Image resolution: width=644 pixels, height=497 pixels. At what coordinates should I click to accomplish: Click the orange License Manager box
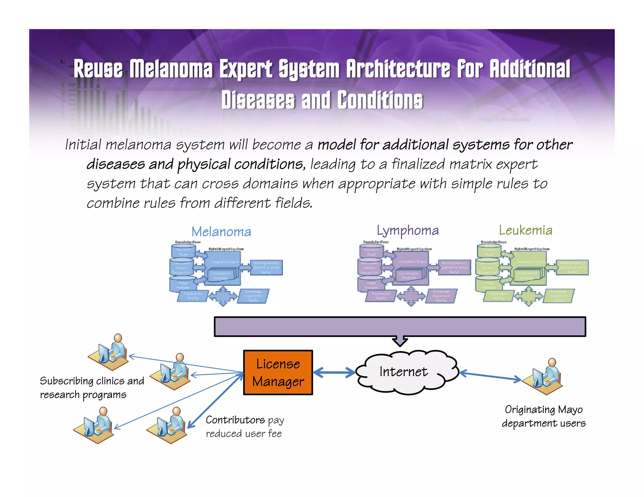[278, 372]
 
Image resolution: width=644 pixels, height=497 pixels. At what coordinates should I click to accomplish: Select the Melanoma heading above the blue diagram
[221, 232]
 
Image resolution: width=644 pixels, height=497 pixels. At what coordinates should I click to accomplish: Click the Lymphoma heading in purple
[408, 231]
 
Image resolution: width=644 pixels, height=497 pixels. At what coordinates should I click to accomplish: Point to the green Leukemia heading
[525, 230]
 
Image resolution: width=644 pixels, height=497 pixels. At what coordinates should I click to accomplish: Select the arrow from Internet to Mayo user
[491, 376]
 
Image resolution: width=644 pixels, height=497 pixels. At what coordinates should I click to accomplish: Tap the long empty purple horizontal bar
[400, 327]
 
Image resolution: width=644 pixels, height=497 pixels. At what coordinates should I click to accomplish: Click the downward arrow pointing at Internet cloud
[400, 341]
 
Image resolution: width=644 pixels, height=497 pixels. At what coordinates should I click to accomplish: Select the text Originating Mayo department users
[543, 416]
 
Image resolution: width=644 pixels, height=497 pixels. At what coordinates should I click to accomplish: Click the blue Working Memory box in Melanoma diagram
[266, 267]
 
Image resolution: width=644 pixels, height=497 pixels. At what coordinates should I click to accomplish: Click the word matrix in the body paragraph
[470, 164]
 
